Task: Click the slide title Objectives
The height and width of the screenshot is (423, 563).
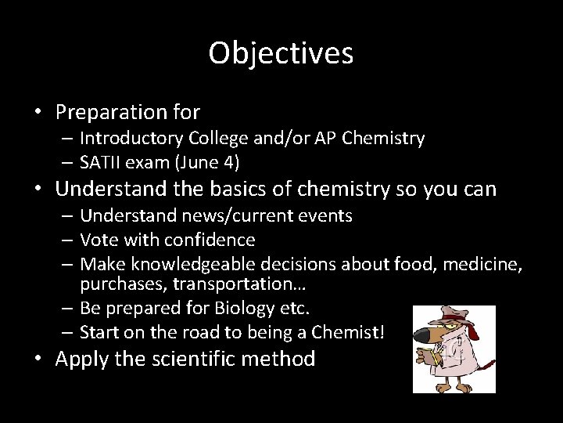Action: click(x=281, y=53)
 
